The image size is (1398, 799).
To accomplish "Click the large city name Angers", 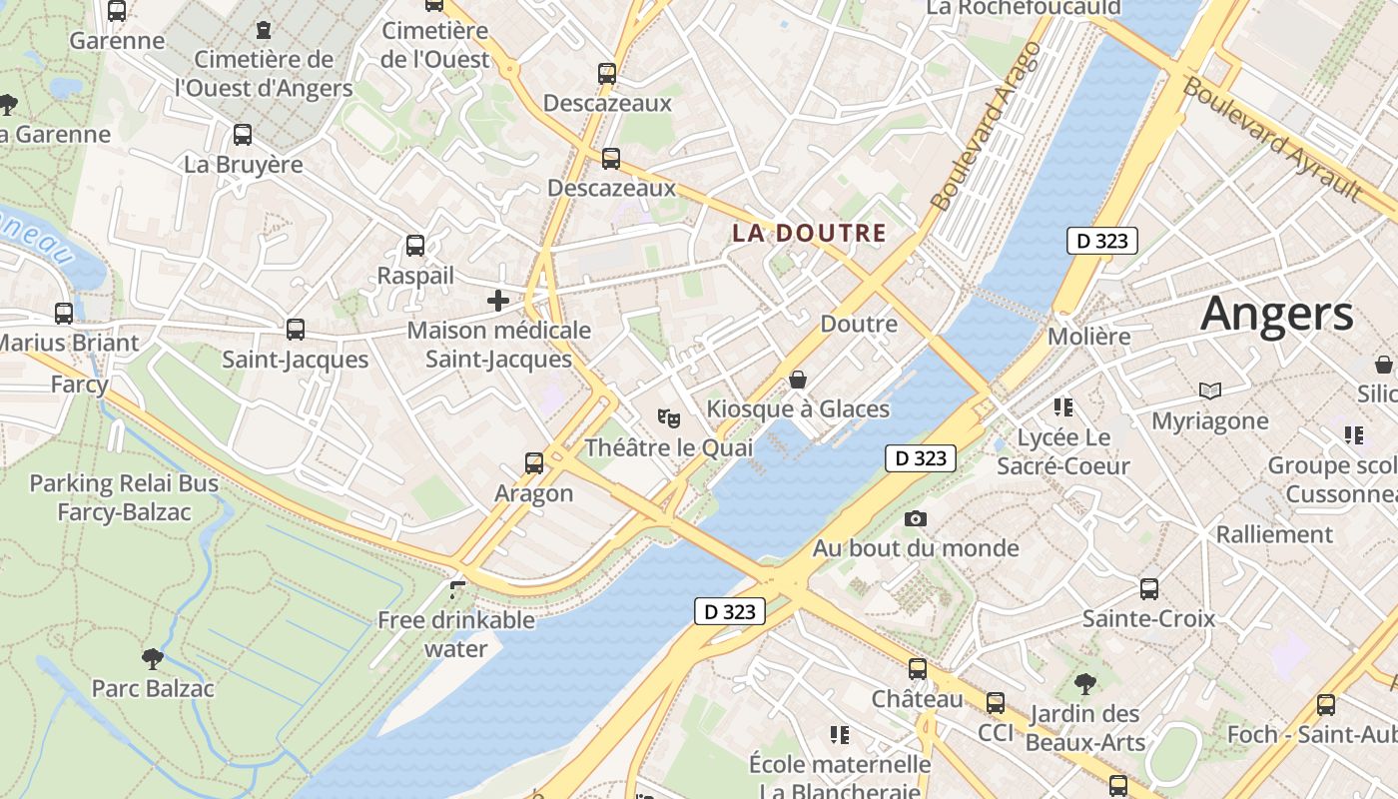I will (1276, 314).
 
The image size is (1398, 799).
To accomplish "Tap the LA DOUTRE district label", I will (809, 234).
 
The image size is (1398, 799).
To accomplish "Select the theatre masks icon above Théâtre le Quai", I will (668, 416).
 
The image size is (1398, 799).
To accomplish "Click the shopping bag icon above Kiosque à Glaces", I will (798, 380).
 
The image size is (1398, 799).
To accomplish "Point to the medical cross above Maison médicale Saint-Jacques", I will (497, 300).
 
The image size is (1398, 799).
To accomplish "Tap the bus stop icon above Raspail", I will (415, 246).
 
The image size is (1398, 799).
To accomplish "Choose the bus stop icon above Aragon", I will (534, 463).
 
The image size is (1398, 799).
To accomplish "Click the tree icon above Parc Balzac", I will (152, 658).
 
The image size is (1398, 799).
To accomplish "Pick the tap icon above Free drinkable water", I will (457, 590).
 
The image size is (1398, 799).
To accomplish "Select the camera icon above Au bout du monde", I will (915, 518).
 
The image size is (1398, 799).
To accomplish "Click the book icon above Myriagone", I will (1210, 391).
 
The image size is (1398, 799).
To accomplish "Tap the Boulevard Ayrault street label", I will (1271, 138).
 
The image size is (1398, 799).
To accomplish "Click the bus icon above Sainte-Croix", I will (1149, 589).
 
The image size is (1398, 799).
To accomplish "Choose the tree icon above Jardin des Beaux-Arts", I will (1084, 684).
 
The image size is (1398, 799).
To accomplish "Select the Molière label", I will (1088, 337).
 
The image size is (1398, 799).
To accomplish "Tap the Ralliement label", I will (1274, 534).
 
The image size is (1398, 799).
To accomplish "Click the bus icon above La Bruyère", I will (243, 135).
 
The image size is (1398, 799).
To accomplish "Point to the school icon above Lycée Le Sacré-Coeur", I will (1062, 407).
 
